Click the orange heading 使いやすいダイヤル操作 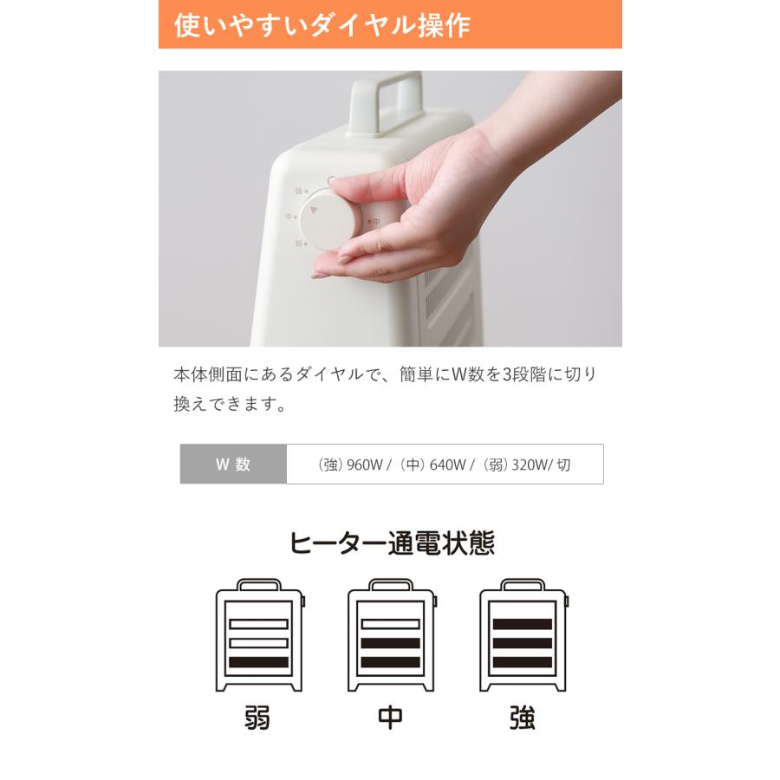pos(322,25)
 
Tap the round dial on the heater pos(332,218)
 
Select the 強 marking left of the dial pos(298,191)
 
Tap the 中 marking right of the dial pos(377,222)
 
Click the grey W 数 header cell pos(232,464)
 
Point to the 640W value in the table pos(448,465)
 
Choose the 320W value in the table pos(531,465)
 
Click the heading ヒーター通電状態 pos(391,543)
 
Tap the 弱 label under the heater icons pos(257,718)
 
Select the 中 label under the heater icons pos(390,718)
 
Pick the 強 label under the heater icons pos(523,718)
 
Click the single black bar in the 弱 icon pos(258,662)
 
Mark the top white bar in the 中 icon pos(390,624)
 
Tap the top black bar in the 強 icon pos(523,624)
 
